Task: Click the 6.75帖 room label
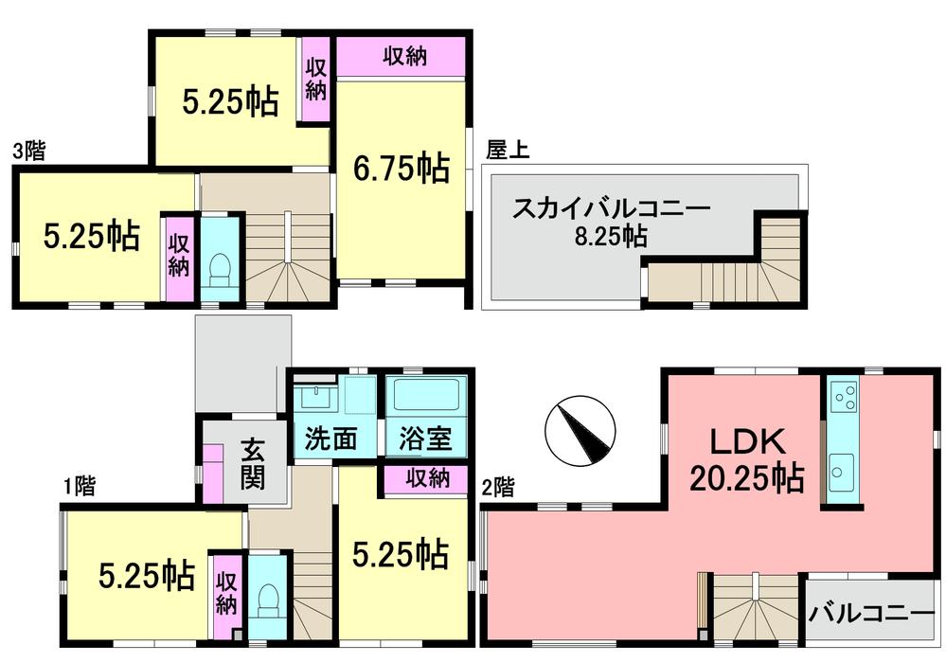402,169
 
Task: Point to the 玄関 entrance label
252,463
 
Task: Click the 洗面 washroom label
330,440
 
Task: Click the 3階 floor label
30,152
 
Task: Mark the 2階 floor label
499,488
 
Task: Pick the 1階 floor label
79,488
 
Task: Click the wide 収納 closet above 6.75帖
403,57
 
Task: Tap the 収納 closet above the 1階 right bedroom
427,479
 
